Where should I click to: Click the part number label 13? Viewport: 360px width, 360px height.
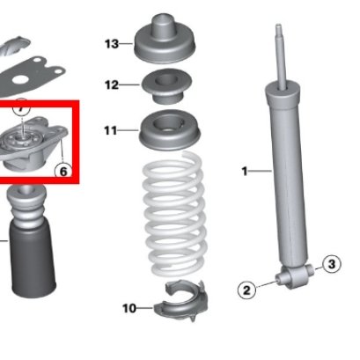[112, 44]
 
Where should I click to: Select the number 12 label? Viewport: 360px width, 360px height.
[112, 85]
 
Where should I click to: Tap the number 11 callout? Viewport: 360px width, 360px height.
[111, 130]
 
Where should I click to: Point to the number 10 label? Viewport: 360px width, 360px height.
[129, 308]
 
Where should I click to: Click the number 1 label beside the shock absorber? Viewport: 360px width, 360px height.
[245, 171]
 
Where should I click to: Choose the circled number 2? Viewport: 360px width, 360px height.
[246, 290]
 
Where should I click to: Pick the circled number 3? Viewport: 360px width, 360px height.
[331, 264]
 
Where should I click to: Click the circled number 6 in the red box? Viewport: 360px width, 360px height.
[63, 171]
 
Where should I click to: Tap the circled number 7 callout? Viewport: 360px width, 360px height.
[21, 107]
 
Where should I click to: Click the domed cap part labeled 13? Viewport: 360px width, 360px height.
[165, 39]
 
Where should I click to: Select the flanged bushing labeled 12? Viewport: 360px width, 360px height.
[166, 86]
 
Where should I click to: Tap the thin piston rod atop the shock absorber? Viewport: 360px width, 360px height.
[281, 55]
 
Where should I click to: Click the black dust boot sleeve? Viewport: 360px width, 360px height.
[33, 260]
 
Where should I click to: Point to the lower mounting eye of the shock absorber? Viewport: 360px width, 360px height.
[295, 276]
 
